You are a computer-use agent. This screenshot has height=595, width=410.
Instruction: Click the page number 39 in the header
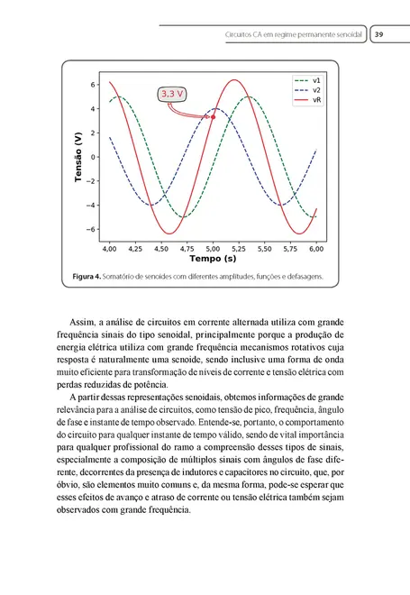(379, 34)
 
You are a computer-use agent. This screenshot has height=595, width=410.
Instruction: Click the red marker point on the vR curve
(213, 117)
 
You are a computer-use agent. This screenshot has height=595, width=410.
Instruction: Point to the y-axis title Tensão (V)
(79, 160)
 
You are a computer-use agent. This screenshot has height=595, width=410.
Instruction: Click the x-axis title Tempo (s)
(214, 258)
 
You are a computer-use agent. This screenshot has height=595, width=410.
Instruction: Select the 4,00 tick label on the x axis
(110, 246)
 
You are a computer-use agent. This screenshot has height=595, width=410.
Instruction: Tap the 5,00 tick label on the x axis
(214, 246)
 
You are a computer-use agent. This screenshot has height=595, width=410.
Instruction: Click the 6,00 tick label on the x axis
(316, 246)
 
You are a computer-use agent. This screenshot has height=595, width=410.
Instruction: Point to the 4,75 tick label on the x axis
(187, 246)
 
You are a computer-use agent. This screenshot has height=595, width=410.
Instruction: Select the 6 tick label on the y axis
(94, 85)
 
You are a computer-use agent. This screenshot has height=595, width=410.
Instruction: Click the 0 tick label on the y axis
(94, 157)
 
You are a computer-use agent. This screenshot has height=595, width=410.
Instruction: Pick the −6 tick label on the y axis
(91, 229)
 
